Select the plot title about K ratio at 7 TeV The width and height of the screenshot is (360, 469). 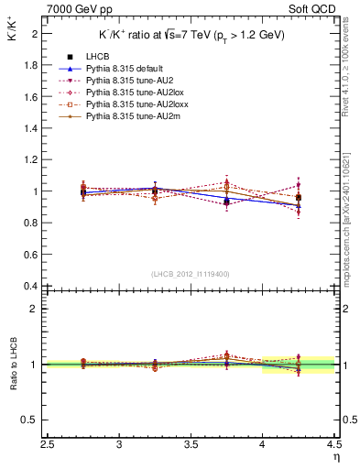192,35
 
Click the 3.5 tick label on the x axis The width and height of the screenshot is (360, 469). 191,444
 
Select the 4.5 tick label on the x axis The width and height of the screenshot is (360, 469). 333,444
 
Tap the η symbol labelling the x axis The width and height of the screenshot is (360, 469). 336,456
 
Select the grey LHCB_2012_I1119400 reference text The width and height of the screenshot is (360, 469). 191,274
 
